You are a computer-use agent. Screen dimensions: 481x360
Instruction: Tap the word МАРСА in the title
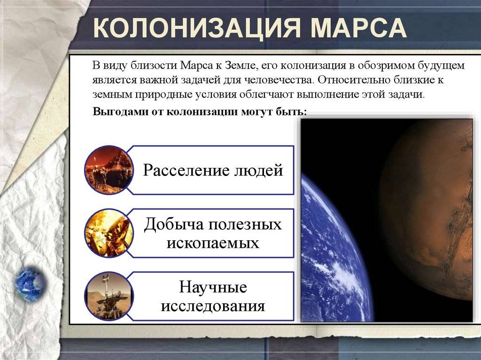pos(358,28)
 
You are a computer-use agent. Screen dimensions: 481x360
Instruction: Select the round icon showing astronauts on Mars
pos(109,170)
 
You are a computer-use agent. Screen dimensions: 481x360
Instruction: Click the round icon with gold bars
pos(109,233)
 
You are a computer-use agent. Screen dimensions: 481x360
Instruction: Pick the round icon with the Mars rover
pos(109,296)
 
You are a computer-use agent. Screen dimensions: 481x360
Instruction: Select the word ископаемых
pos(213,243)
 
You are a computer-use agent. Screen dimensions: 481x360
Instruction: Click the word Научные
pos(213,287)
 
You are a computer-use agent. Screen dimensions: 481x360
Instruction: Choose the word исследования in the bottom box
pos(213,306)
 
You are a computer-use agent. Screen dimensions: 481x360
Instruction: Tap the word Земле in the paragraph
pos(240,65)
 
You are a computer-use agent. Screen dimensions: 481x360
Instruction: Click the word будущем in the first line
pos(443,66)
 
